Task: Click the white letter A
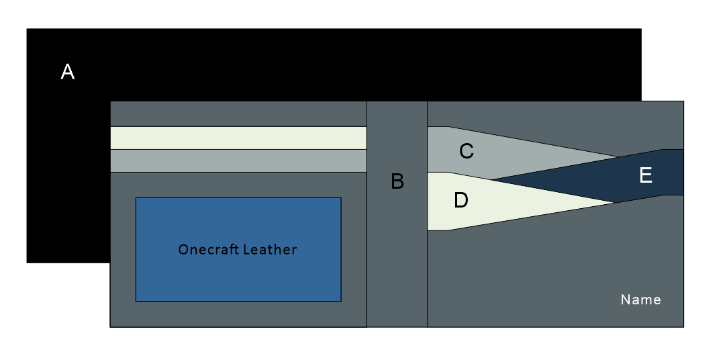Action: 67,72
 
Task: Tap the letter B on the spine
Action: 397,181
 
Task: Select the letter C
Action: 467,152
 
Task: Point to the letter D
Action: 461,200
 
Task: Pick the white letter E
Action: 646,175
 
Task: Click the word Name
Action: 640,300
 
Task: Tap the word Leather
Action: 270,250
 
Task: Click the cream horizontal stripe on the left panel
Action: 238,138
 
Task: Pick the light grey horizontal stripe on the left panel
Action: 238,161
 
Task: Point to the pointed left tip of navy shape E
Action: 493,181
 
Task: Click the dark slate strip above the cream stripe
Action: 238,113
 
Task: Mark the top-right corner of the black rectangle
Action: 640,30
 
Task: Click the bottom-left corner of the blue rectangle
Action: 136,301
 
